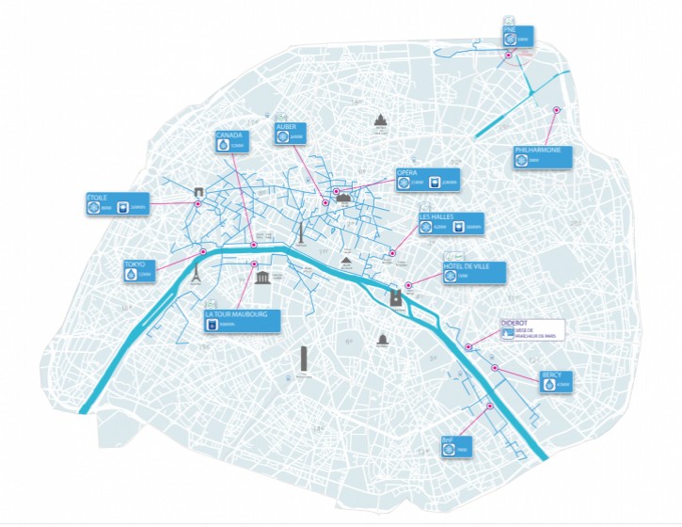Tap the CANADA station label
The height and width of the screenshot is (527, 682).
pos(233,141)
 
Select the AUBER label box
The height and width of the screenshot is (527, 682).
pos(292,133)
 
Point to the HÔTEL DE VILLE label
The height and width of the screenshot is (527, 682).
pos(473,273)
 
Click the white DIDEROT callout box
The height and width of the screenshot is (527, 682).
pos(536,332)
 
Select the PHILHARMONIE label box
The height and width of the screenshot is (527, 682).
pos(544,156)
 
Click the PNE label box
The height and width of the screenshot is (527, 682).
pos(516,36)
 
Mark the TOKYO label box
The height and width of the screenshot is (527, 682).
pos(137,271)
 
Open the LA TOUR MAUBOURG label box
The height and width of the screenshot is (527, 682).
pos(243,321)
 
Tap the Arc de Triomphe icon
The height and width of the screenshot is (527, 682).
pos(198,195)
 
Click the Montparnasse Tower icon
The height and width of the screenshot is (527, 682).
pos(304,360)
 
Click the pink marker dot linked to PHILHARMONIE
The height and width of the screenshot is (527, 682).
pos(556,111)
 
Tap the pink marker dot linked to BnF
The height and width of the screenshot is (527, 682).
pos(490,406)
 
